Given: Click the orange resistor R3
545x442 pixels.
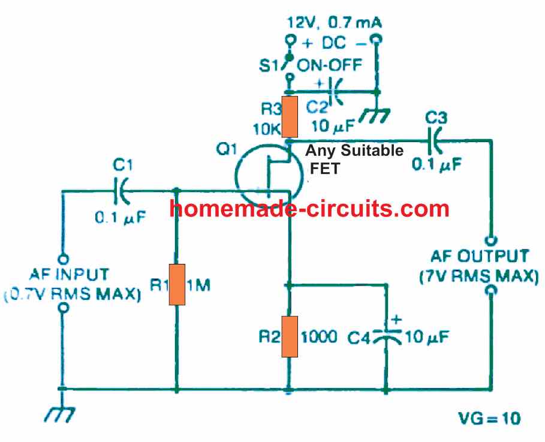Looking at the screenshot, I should [290, 118].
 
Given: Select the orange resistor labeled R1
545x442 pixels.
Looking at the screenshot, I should [177, 284].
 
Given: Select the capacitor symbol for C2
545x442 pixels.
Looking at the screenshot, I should [335, 92].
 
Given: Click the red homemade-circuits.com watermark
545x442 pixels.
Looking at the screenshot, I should [309, 208].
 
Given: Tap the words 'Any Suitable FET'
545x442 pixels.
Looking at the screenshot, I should [354, 159].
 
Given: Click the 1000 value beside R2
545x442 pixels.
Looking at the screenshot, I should [324, 336].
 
